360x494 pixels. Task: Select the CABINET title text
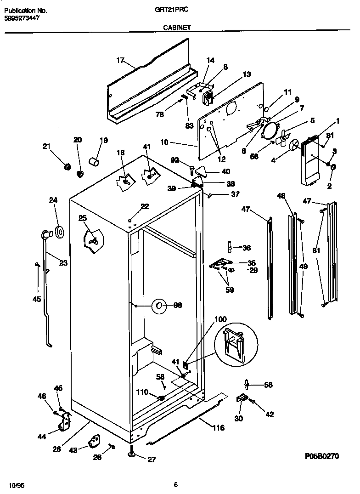[177, 28]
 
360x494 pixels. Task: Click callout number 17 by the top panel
[120, 60]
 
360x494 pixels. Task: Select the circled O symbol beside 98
[159, 305]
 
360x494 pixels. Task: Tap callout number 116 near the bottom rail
[218, 428]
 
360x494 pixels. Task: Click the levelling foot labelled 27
[132, 455]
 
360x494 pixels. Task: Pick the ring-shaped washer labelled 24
[59, 233]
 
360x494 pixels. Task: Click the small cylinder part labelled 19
[95, 161]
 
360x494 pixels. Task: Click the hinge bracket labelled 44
[65, 422]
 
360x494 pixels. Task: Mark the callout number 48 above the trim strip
[281, 196]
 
